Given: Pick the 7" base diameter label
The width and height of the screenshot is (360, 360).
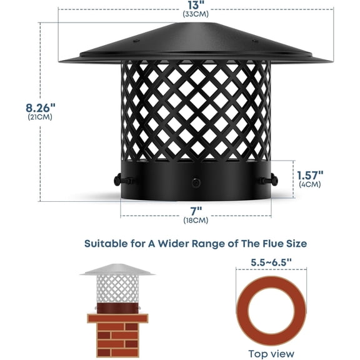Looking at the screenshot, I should (196, 210).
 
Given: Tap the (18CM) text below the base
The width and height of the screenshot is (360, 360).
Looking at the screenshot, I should (196, 220).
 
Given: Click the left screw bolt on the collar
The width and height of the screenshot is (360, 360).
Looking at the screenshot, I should (121, 181).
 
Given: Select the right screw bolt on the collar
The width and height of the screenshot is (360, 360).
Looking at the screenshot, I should (269, 181).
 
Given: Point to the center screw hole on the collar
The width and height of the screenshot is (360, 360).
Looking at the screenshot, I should (196, 182).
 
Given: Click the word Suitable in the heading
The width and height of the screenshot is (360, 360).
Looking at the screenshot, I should (107, 242).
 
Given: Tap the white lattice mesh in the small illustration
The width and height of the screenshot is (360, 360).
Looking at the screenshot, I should (117, 289).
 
